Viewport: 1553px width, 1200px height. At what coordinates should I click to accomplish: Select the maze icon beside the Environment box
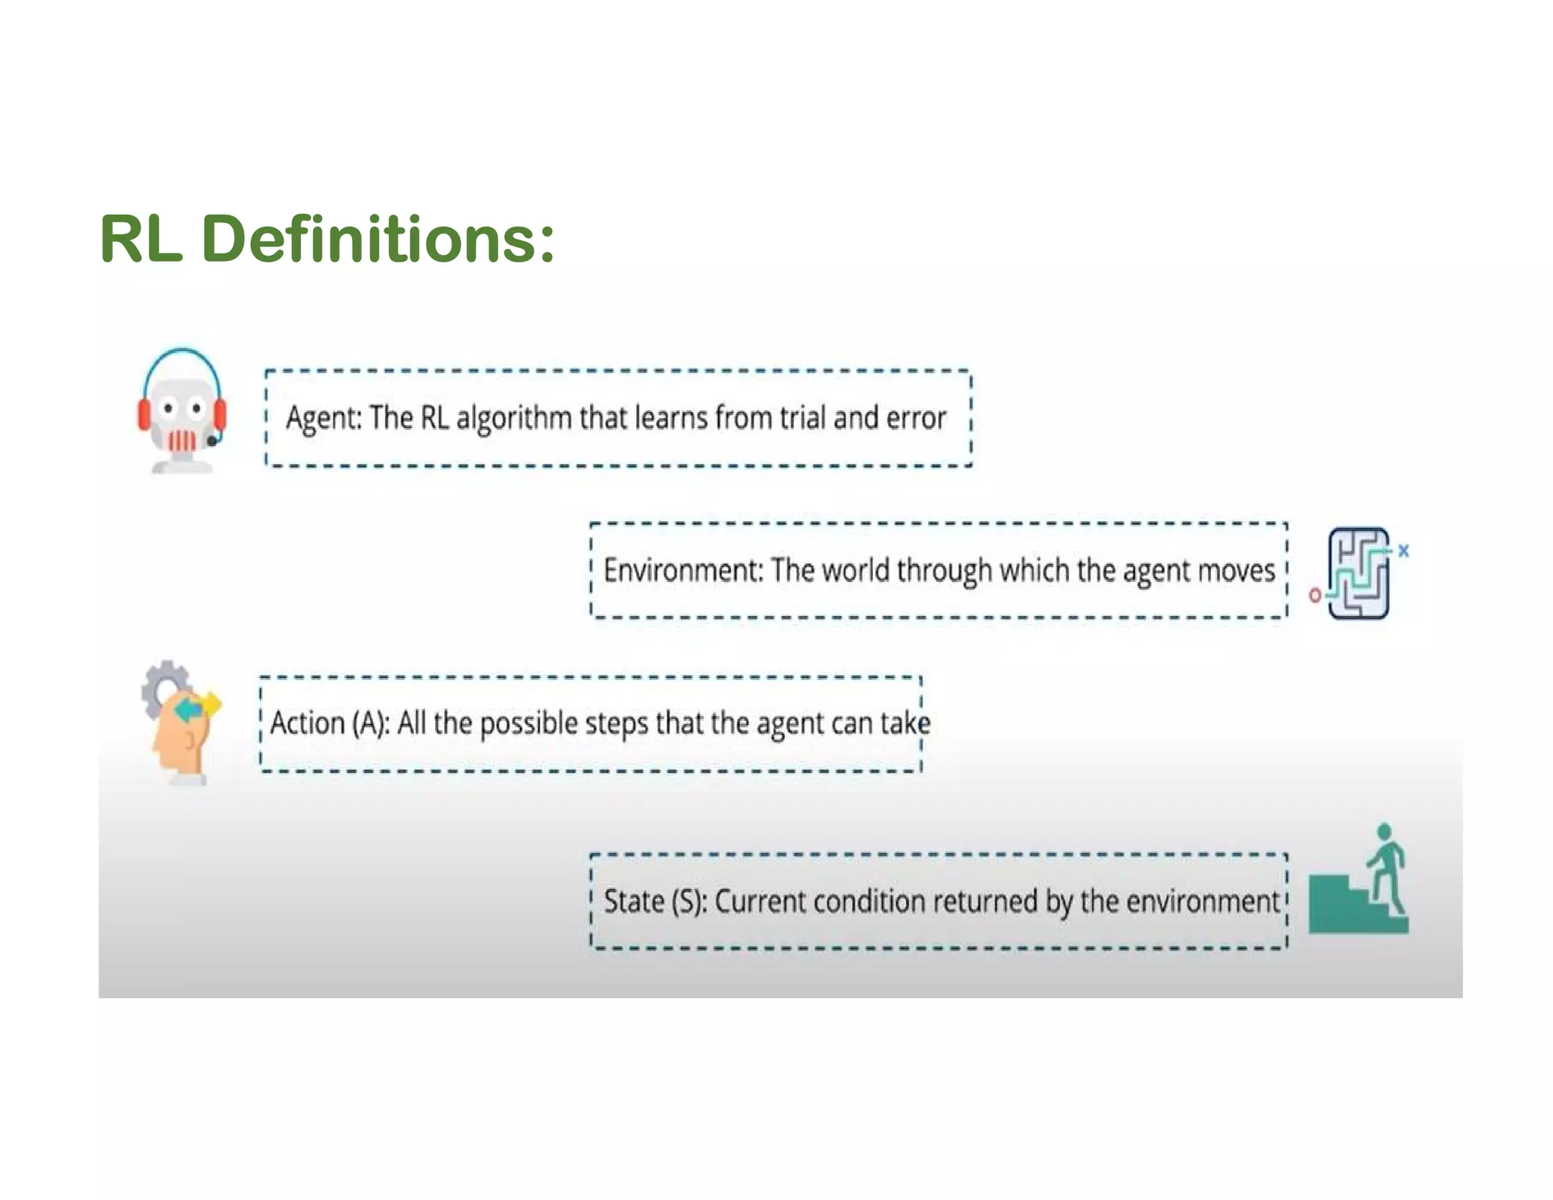(x=1360, y=573)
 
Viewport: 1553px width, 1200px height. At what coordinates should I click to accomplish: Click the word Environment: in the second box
(x=682, y=570)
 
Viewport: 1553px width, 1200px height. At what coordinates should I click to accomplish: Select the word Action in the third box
(x=307, y=724)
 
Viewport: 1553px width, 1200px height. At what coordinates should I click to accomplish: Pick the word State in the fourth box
(x=634, y=902)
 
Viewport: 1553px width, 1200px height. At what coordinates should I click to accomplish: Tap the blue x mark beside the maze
(x=1404, y=551)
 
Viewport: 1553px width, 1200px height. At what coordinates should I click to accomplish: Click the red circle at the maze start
(x=1315, y=595)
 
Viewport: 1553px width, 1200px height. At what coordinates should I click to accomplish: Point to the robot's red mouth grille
(x=182, y=441)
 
